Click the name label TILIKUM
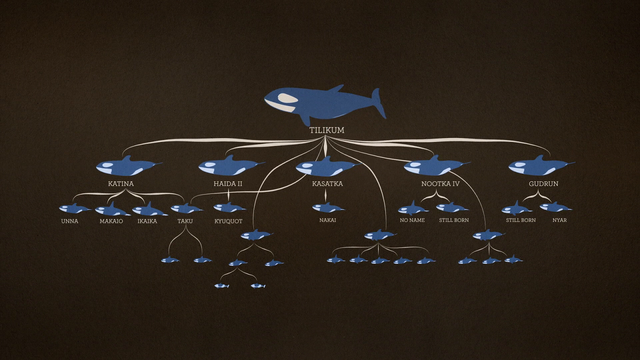pyautogui.click(x=327, y=130)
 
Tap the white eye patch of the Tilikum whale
pyautogui.click(x=288, y=98)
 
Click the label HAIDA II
pyautogui.click(x=228, y=184)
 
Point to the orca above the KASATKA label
pyautogui.click(x=326, y=166)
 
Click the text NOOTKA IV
pyautogui.click(x=440, y=184)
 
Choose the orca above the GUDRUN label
pyautogui.click(x=540, y=166)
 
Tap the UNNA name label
pyautogui.click(x=70, y=221)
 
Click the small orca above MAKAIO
pyautogui.click(x=112, y=209)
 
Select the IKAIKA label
pyautogui.click(x=147, y=221)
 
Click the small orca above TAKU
pyautogui.click(x=185, y=208)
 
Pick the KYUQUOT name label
pyautogui.click(x=228, y=221)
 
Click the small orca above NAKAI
pyautogui.click(x=328, y=208)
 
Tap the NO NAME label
pyautogui.click(x=412, y=220)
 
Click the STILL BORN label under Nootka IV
pyautogui.click(x=454, y=220)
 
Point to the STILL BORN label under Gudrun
pyautogui.click(x=520, y=220)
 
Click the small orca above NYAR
pyautogui.click(x=555, y=207)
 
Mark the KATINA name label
pyautogui.click(x=121, y=184)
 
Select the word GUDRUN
pyautogui.click(x=543, y=184)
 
